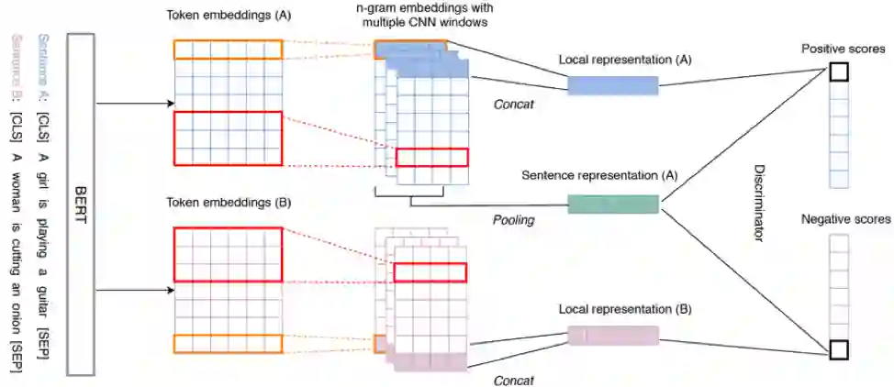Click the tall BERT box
(81, 205)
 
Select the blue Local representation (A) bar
(613, 85)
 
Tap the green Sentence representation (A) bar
(613, 204)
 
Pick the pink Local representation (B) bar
(613, 336)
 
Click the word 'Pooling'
(513, 221)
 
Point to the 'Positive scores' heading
(843, 48)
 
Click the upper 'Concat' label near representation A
(514, 104)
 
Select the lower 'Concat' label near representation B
(514, 379)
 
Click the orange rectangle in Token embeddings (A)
(228, 49)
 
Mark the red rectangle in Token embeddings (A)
(228, 138)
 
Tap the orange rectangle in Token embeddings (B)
(228, 344)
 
